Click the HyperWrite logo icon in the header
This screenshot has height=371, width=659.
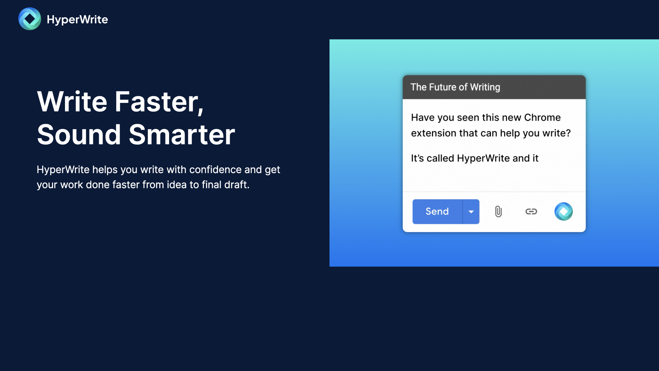[x=30, y=19]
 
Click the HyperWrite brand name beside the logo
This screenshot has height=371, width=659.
[x=77, y=19]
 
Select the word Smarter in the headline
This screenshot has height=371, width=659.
[x=182, y=134]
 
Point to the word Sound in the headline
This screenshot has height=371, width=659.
[x=79, y=134]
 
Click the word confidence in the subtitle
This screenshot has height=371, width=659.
[x=215, y=170]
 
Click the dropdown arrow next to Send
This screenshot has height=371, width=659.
[x=471, y=212]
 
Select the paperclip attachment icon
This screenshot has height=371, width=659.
[x=498, y=212]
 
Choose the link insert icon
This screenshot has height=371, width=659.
[x=531, y=212]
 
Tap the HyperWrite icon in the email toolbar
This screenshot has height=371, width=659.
[x=563, y=212]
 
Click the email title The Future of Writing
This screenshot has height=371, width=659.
[x=455, y=87]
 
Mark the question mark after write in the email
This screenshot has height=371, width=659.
[x=568, y=133]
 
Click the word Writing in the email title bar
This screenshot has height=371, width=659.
[x=485, y=87]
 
